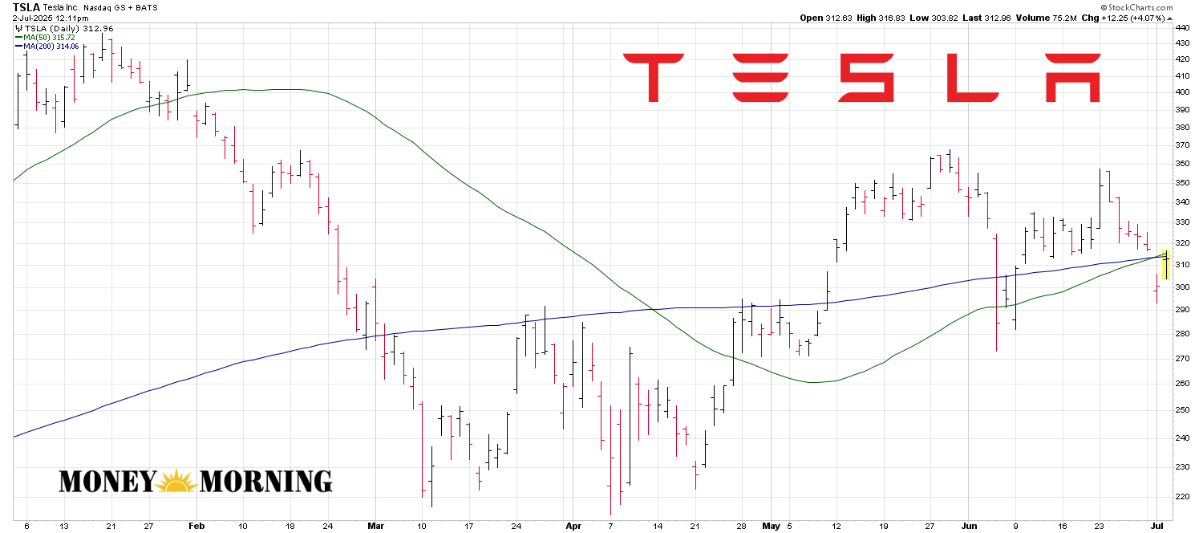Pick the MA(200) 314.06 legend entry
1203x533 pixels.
[51, 47]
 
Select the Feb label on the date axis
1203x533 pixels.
[196, 526]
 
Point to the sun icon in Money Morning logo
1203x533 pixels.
[176, 481]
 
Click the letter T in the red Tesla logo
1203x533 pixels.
[654, 78]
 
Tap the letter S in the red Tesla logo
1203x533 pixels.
[866, 78]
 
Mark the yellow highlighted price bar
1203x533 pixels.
[1166, 265]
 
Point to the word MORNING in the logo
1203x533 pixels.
[265, 481]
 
